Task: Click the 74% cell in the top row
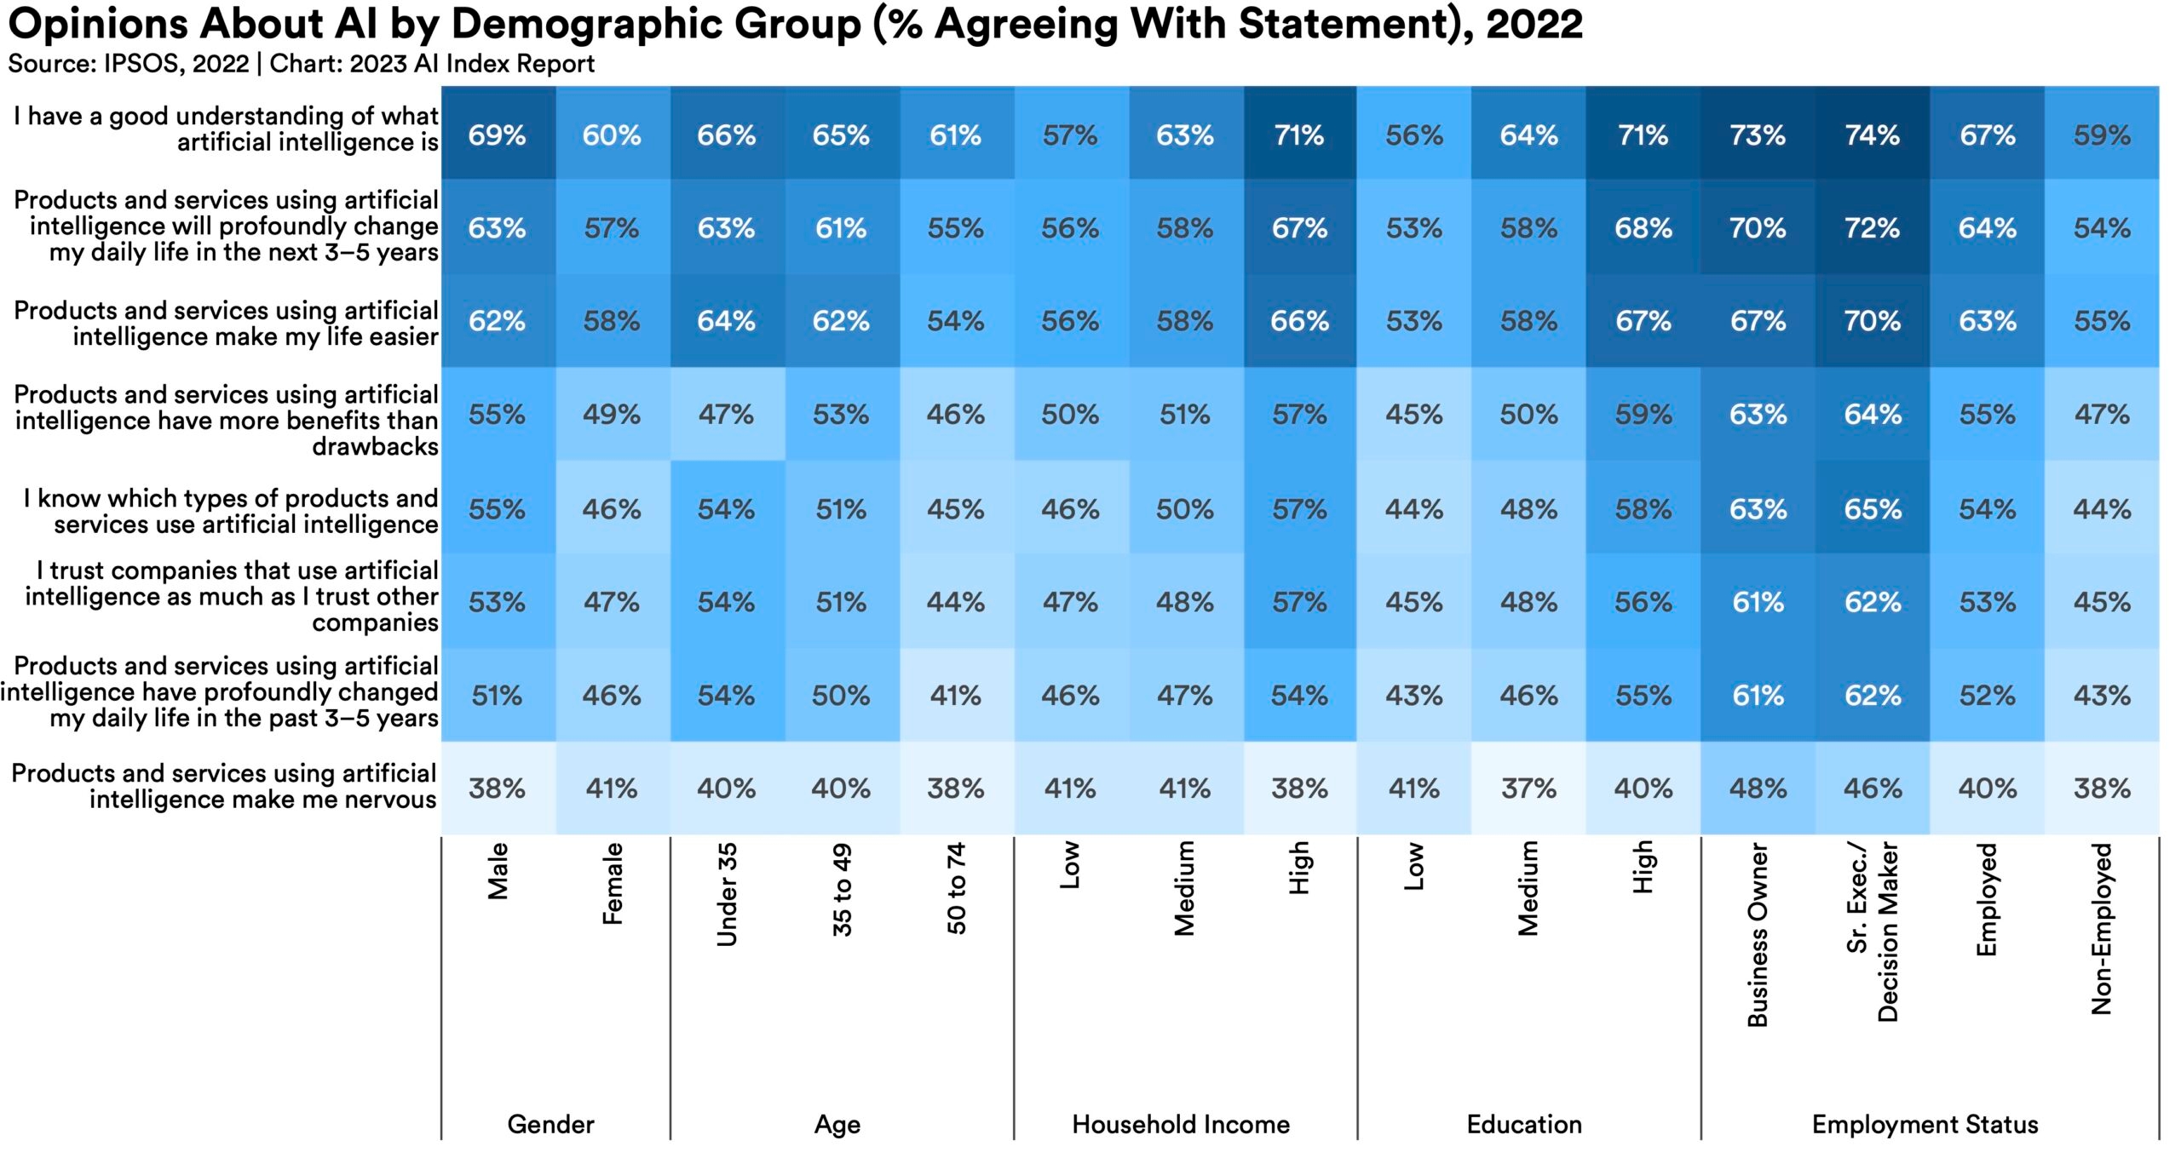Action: tap(1872, 135)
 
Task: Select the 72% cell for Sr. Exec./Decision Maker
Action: tap(1872, 228)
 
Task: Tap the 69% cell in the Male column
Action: tap(498, 135)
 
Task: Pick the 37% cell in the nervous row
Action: tap(1528, 788)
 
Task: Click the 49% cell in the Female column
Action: tap(612, 415)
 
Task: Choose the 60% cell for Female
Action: tap(612, 135)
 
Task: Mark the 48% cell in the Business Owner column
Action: tap(1758, 788)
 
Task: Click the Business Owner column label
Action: tap(1758, 934)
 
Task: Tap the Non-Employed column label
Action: tap(2102, 928)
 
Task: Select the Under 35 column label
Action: tap(727, 894)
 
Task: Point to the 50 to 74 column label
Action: tap(956, 888)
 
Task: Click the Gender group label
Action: tap(550, 1124)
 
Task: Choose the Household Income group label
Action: tap(1181, 1124)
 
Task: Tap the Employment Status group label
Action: tap(1925, 1124)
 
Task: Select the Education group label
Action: tap(1524, 1124)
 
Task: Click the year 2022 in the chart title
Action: tap(1534, 24)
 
